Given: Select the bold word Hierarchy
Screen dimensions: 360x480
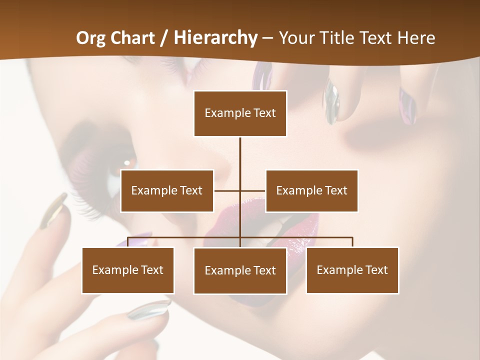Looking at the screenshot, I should pyautogui.click(x=215, y=38).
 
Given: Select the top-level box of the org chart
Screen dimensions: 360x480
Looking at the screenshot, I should pyautogui.click(x=240, y=113).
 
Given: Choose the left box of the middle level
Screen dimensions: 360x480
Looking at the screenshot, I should pyautogui.click(x=167, y=190).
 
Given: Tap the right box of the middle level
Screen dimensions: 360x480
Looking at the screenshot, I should pyautogui.click(x=311, y=190).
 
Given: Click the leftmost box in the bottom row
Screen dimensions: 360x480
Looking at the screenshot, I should pyautogui.click(x=128, y=270).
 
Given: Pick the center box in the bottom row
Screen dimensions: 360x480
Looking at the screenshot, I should pyautogui.click(x=240, y=270).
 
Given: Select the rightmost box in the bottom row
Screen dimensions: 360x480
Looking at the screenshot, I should pyautogui.click(x=352, y=270).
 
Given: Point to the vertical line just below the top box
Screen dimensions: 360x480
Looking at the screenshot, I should pyautogui.click(x=240, y=155).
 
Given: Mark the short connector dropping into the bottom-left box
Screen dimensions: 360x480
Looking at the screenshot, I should pyautogui.click(x=128, y=242).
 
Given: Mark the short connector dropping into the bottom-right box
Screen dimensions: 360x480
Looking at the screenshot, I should pyautogui.click(x=352, y=242).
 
